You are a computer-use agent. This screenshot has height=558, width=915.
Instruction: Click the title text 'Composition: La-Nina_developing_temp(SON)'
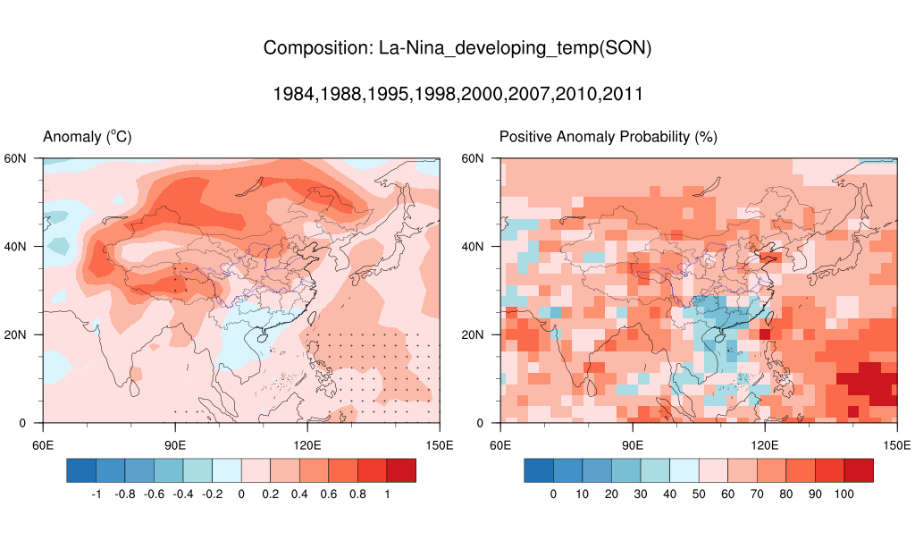457,48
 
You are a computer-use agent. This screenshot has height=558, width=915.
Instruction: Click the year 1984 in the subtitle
292,93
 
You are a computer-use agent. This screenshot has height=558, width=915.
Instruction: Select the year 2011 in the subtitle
623,93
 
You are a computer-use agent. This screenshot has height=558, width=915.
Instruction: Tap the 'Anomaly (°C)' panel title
88,137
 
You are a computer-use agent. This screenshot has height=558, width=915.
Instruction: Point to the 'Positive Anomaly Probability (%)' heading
608,137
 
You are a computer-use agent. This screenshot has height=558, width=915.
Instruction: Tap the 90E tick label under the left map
174,444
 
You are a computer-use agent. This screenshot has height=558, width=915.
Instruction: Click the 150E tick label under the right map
896,444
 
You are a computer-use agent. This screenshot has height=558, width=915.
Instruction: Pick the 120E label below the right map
764,444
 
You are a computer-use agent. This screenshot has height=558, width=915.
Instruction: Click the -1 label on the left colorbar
96,494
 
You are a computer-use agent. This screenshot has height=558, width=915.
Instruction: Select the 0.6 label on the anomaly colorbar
329,494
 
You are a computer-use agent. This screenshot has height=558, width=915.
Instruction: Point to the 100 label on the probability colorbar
844,494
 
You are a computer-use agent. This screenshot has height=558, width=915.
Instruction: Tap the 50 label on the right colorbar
699,494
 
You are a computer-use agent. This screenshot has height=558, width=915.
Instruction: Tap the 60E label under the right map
501,444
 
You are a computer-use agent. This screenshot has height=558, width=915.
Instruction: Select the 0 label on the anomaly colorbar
241,494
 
